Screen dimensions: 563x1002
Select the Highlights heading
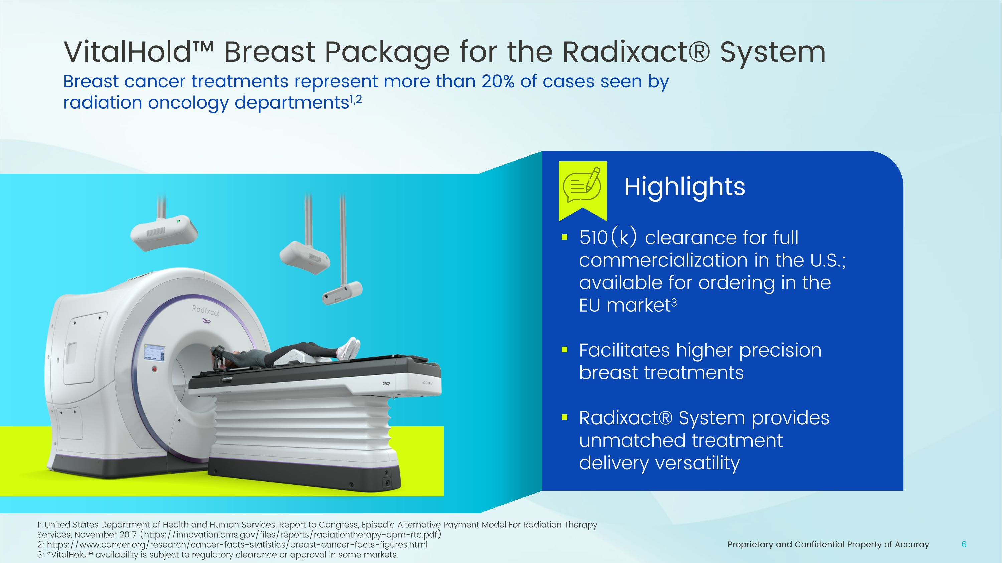click(685, 187)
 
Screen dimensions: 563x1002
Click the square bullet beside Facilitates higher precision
click(565, 350)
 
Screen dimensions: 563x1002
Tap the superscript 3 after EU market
click(674, 302)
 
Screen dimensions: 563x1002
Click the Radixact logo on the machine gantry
click(205, 311)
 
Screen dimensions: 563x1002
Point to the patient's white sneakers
click(349, 348)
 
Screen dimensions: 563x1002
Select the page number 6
click(964, 544)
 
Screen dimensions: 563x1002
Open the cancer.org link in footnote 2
click(237, 545)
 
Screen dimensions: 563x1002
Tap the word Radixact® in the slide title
click(636, 52)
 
